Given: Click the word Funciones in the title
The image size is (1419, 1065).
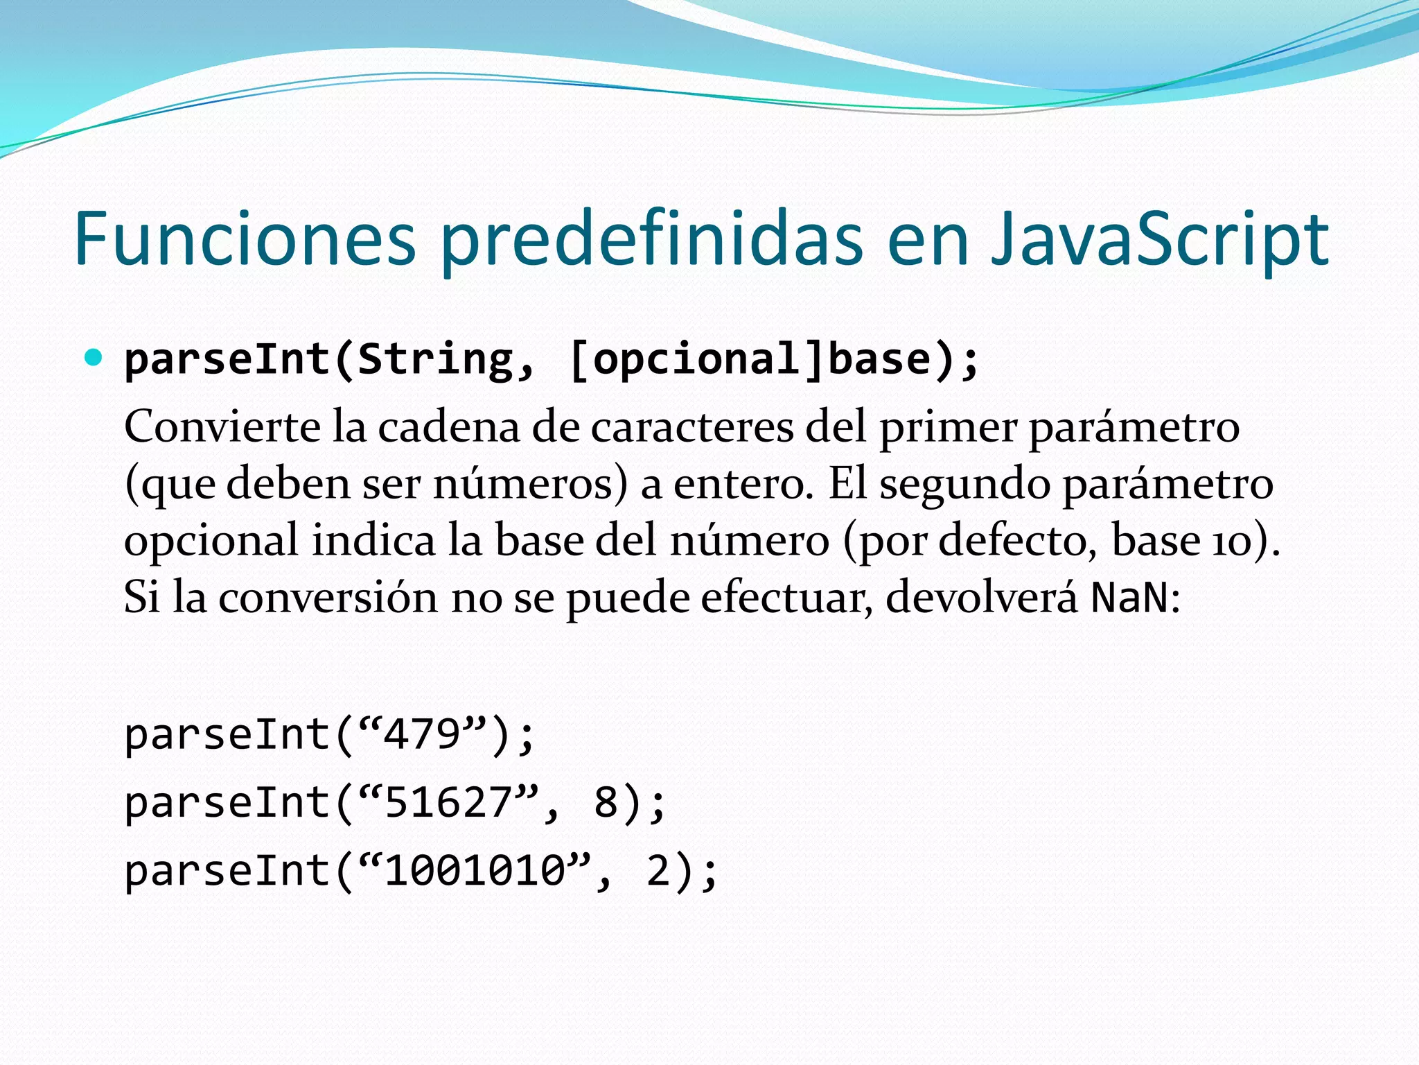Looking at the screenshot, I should tap(245, 239).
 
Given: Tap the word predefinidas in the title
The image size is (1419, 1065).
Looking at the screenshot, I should tap(651, 239).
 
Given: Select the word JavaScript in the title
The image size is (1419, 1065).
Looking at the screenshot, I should tap(1158, 239).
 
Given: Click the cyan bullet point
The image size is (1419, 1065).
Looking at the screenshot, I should tap(93, 358).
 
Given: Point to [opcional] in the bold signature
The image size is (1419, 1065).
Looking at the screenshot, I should tap(696, 359).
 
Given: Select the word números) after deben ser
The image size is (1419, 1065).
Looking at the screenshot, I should tap(530, 483).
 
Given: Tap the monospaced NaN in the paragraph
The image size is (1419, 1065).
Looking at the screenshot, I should tap(1129, 597).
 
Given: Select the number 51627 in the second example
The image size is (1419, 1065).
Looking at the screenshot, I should tap(448, 802).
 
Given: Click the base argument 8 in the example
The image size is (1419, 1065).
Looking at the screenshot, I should tap(606, 802).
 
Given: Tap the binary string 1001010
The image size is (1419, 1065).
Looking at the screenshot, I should tap(475, 870).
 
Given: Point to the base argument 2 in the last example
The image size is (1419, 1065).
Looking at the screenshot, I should tap(658, 870).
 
